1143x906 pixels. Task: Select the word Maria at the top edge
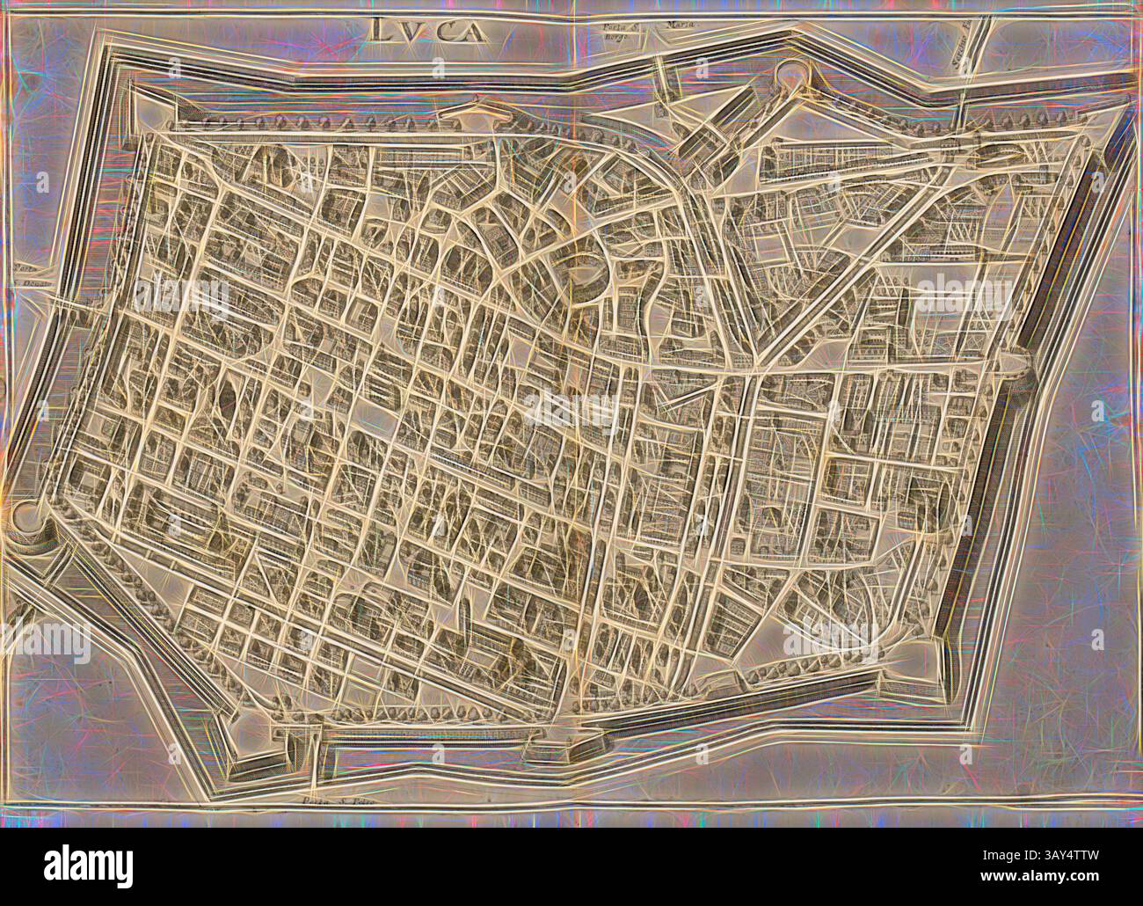pyautogui.click(x=676, y=27)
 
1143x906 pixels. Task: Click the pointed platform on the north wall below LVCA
pyautogui.click(x=482, y=110)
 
